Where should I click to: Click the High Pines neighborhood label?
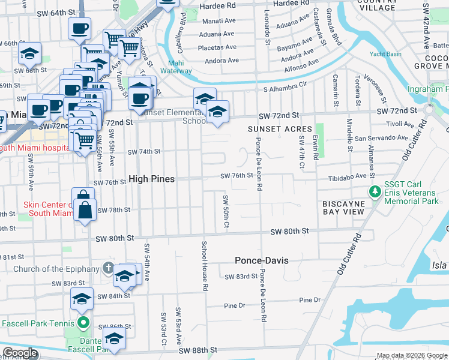point(152,179)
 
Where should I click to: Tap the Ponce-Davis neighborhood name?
point(261,261)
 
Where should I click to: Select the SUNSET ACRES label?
point(280,129)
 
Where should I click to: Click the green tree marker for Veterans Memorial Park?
point(375,192)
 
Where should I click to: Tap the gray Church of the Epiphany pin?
point(107,268)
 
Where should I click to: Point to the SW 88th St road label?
point(196,350)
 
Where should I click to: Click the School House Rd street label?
point(205,266)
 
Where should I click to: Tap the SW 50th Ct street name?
point(226,211)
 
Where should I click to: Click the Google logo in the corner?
point(20,353)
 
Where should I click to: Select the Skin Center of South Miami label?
point(47,208)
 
